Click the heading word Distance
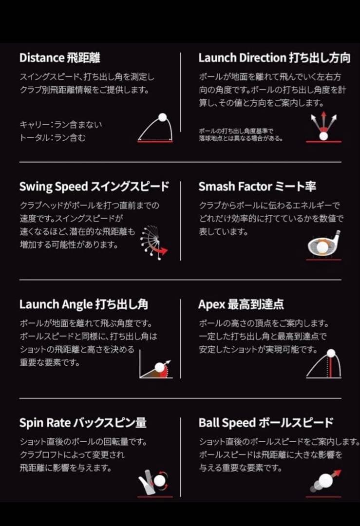pos(41,58)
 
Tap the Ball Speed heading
pos(227,423)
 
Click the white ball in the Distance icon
pos(162,117)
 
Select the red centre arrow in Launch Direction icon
pos(323,120)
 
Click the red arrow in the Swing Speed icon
pos(161,250)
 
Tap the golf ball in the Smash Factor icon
pos(322,247)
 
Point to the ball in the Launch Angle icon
pos(159,368)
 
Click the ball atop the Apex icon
pos(331,354)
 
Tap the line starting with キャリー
pos(60,125)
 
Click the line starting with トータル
pos(53,138)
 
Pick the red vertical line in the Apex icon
pos(331,368)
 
